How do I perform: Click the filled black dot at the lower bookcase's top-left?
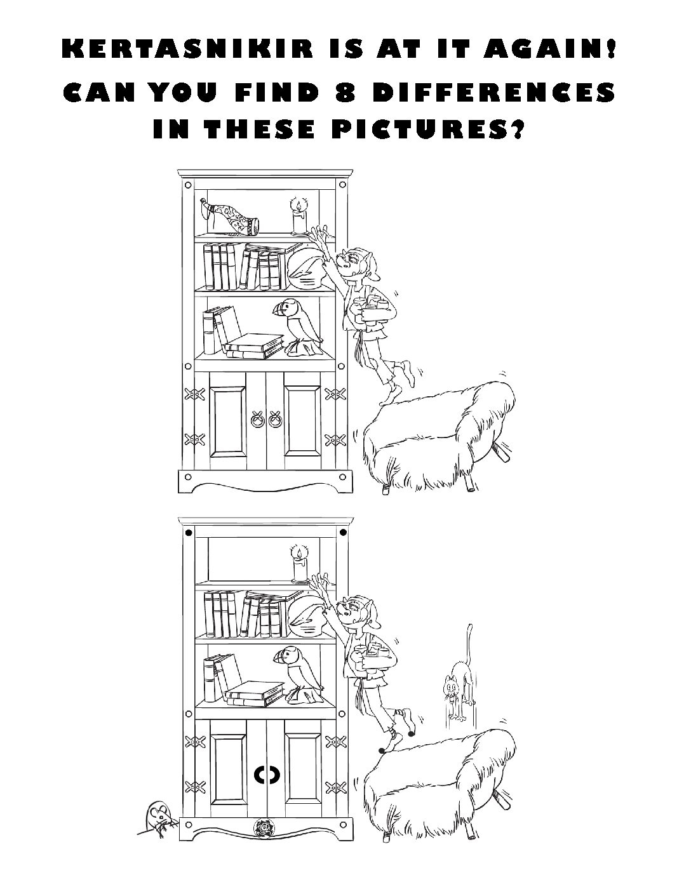pos(189,533)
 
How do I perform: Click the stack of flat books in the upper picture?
pos(254,345)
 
